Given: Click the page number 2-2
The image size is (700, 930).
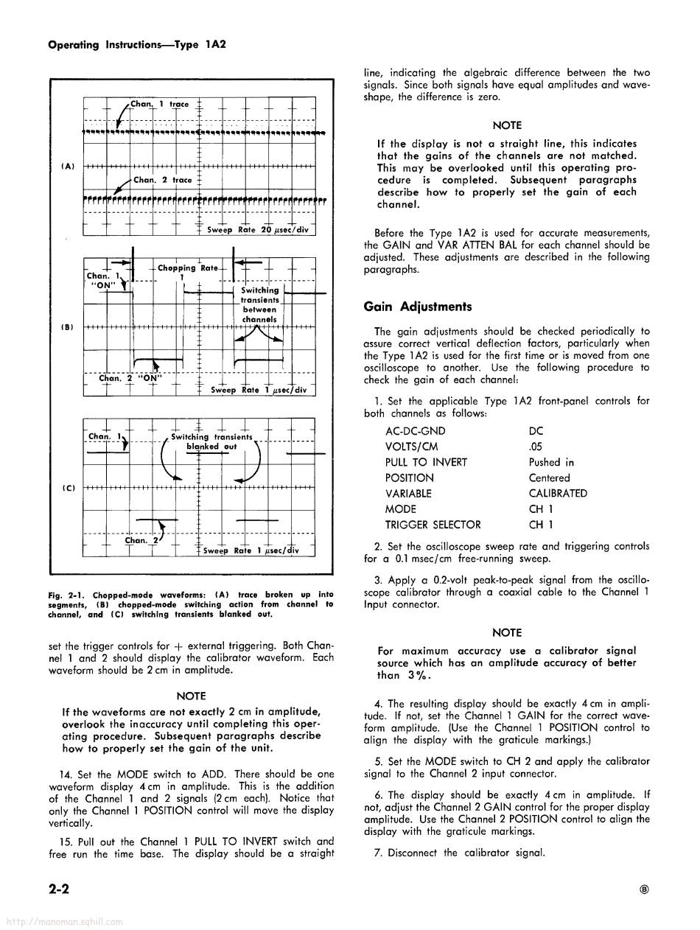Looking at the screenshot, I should (59, 889).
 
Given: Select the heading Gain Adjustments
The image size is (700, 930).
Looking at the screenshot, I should (418, 307).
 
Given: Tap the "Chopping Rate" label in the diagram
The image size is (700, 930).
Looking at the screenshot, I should (188, 268).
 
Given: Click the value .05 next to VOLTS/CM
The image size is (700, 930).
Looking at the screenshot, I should (536, 447).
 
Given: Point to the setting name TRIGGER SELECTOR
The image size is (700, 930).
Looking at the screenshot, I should (433, 525).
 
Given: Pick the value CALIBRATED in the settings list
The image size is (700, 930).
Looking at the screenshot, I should (558, 494).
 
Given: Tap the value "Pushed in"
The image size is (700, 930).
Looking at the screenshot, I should (551, 463).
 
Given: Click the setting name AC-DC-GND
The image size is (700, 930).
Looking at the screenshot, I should (415, 432).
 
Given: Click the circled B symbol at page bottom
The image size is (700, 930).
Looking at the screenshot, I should (645, 890).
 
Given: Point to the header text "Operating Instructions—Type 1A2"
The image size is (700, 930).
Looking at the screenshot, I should (136, 44).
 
